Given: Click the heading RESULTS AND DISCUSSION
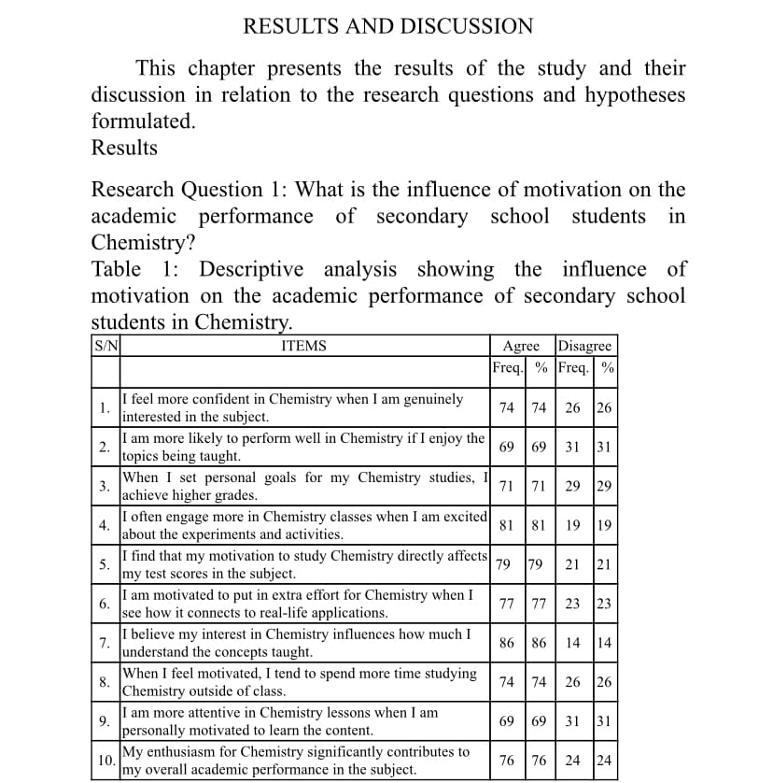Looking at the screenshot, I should point(387,27).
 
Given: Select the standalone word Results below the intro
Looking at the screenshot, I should point(124,148).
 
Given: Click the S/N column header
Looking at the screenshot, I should point(105,346).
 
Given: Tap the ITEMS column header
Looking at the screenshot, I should point(303,346).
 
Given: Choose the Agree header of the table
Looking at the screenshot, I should point(521,346).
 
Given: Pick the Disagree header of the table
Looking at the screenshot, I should point(584,346).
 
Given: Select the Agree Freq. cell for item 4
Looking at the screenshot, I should point(507,525).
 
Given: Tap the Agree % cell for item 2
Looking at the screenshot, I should point(539,448).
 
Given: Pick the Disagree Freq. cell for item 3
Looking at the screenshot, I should point(573,486).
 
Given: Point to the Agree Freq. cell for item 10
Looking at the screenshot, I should point(507,761).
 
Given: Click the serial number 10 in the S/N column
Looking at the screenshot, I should point(105,761).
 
